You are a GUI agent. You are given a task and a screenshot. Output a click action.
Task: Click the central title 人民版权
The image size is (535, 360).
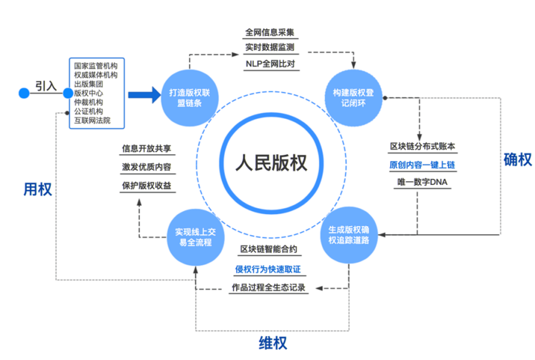coord(270,163)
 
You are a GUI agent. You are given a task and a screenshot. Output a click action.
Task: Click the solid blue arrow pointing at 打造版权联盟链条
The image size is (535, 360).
coord(144,94)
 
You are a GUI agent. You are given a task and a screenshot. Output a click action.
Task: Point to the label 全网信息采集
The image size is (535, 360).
coord(269,32)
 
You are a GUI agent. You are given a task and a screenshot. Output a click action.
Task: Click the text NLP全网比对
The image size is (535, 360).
coord(269,63)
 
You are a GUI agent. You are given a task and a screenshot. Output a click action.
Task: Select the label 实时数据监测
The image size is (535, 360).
coord(269,47)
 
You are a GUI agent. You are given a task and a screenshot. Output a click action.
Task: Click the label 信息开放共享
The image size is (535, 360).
coord(146,148)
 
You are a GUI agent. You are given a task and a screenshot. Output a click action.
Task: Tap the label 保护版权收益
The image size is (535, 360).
coord(146,185)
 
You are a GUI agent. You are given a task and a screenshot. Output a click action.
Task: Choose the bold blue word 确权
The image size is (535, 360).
coord(516,159)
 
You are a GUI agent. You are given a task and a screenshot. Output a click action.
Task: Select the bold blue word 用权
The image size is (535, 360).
coord(37,190)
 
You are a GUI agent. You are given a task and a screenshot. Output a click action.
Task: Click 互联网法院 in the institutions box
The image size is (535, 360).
coord(92,120)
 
